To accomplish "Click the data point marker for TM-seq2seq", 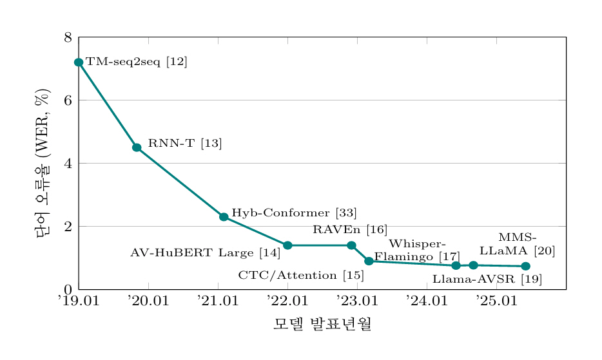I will point(79,62).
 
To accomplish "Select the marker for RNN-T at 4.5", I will point(137,147).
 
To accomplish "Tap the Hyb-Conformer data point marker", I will point(224,217).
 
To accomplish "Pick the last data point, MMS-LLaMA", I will point(525,267).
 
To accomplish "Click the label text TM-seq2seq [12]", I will point(137,62).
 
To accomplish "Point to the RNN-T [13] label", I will point(185,144).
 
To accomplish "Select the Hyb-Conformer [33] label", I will point(294,213).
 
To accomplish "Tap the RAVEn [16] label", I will point(350,229).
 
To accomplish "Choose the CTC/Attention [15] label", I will point(301,276).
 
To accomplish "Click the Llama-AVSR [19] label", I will point(487,279).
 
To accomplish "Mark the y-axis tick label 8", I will point(67,37).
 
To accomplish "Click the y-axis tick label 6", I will point(67,100).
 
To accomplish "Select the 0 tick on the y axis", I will point(67,290).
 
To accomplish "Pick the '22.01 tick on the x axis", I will point(287,301).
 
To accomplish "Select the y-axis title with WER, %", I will point(43,164).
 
